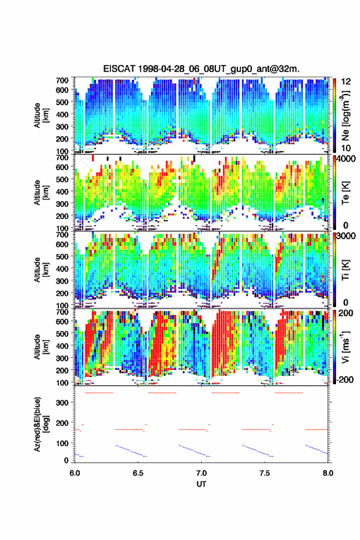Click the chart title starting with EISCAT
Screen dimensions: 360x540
click(x=201, y=69)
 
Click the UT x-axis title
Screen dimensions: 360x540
click(x=201, y=484)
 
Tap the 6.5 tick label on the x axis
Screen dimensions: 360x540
click(x=138, y=473)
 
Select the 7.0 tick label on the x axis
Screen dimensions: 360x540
click(x=201, y=473)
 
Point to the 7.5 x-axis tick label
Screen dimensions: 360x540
click(x=265, y=473)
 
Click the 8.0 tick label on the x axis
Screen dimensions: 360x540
click(x=328, y=473)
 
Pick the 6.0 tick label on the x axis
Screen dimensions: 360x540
click(x=75, y=473)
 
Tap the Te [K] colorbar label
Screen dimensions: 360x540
click(x=345, y=193)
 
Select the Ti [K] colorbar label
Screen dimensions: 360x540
click(x=345, y=269)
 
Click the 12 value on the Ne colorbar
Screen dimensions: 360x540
click(x=346, y=82)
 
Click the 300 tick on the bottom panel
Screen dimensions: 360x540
click(x=62, y=403)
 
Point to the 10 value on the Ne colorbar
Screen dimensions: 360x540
click(x=346, y=148)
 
